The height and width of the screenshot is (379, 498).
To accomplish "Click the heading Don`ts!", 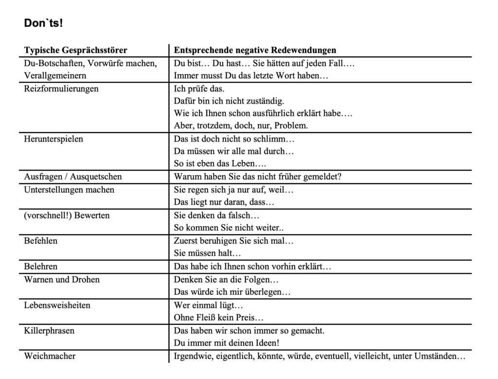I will click(43, 23).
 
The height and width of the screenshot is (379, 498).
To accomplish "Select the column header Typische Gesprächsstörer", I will click(75, 50).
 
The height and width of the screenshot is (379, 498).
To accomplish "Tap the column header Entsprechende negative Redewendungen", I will click(255, 50).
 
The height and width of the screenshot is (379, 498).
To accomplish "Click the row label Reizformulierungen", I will click(61, 89).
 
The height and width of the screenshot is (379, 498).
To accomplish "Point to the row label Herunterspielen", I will click(53, 139).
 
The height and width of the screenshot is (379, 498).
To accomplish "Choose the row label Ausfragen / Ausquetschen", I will click(73, 177).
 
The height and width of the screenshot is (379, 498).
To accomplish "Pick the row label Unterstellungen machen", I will click(69, 190).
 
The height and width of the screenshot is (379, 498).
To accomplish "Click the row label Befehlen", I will click(41, 241).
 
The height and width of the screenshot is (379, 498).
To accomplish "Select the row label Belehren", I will click(41, 267).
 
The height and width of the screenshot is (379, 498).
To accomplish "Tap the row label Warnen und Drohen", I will click(62, 280).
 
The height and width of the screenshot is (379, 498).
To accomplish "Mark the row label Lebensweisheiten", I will click(57, 306).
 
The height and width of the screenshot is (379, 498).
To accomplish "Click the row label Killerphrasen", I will click(50, 331).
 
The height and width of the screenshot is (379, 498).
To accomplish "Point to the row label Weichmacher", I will click(50, 356).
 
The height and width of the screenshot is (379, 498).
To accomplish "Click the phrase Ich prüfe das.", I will click(199, 89).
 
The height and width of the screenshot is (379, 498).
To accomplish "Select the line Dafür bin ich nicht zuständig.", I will click(229, 101).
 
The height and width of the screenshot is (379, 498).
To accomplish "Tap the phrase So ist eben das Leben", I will click(220, 164).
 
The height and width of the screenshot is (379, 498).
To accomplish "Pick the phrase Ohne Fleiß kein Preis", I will click(219, 318).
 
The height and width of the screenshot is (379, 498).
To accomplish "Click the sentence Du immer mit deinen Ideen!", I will click(226, 343).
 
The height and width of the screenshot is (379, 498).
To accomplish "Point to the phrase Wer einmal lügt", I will click(208, 306).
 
